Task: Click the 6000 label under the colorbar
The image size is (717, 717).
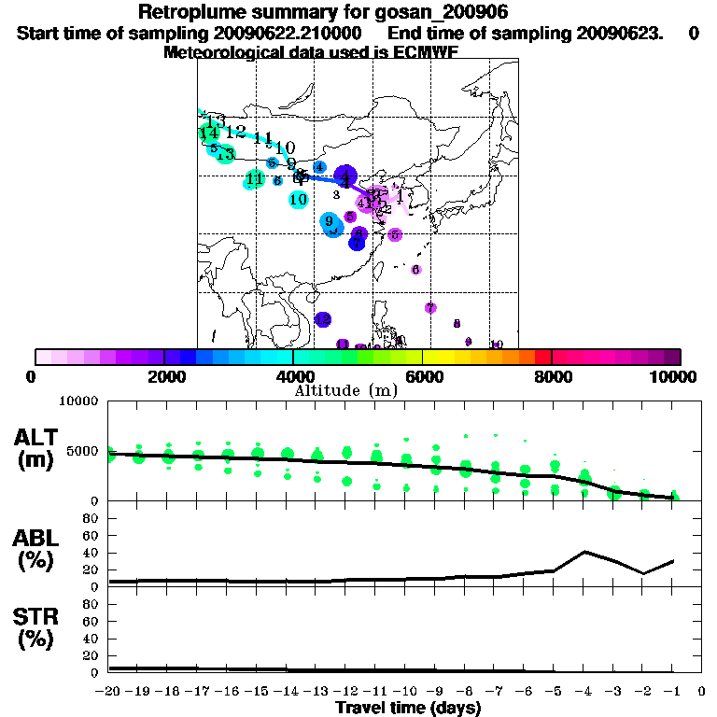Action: click(x=423, y=376)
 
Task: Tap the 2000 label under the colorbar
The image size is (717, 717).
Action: click(x=164, y=376)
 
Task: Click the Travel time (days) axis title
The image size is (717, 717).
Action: click(x=408, y=708)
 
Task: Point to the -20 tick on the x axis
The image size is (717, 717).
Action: click(x=108, y=692)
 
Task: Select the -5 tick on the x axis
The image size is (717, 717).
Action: click(x=555, y=692)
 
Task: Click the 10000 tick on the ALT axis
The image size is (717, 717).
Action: click(x=79, y=402)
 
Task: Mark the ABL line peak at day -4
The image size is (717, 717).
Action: click(x=584, y=552)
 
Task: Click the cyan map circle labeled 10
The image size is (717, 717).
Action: click(x=299, y=199)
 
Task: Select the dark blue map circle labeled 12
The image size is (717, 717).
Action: click(x=323, y=320)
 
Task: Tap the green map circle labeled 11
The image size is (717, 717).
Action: click(x=254, y=179)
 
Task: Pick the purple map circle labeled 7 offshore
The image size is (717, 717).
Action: click(x=430, y=308)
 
